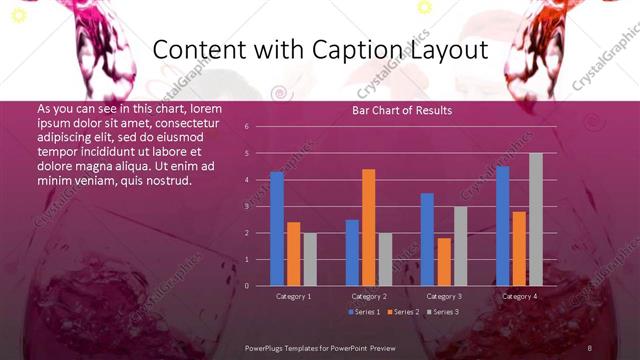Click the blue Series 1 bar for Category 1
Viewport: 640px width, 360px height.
277,229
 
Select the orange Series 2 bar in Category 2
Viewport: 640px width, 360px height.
368,227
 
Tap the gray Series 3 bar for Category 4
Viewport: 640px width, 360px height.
535,219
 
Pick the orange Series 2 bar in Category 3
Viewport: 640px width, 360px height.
443,262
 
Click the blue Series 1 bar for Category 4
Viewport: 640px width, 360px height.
502,226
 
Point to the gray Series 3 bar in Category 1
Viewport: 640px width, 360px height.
310,259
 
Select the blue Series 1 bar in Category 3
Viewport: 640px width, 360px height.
427,239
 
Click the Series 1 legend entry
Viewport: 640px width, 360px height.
365,312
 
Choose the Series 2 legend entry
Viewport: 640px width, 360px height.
403,312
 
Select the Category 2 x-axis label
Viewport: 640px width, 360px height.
369,296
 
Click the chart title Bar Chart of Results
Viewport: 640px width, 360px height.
403,110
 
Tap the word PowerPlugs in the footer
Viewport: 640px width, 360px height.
269,347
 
